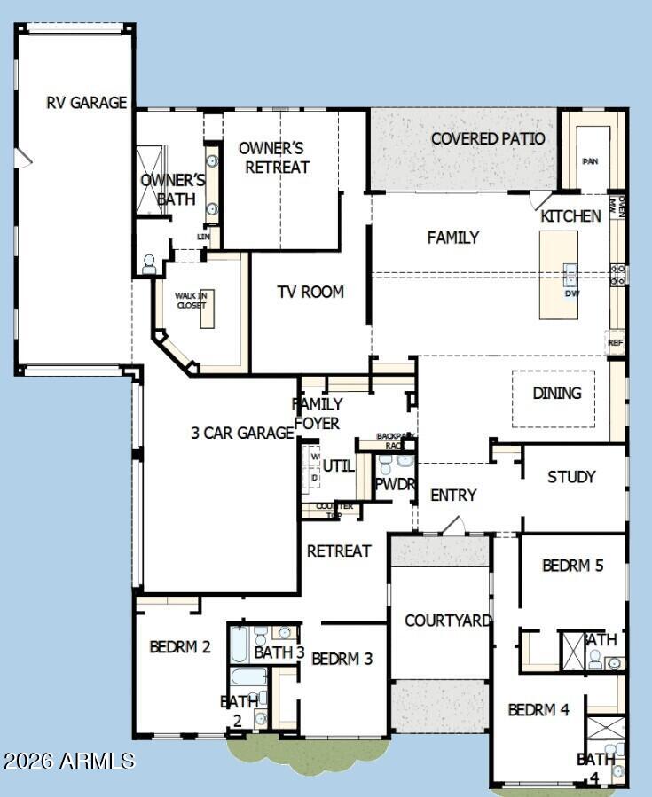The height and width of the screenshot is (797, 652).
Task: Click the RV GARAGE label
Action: click(87, 103)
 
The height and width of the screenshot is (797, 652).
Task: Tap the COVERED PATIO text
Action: click(488, 139)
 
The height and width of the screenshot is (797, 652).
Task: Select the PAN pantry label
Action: click(590, 161)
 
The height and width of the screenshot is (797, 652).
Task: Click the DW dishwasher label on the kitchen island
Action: click(572, 293)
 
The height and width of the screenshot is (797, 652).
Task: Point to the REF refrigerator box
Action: click(615, 342)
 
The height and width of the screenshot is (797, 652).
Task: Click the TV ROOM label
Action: click(310, 292)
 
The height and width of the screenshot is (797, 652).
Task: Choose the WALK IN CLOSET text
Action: click(191, 301)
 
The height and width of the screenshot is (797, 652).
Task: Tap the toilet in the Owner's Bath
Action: click(149, 263)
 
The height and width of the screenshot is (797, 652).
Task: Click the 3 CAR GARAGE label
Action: click(242, 433)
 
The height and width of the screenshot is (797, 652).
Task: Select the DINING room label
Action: click(557, 393)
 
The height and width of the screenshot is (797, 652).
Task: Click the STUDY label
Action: click(571, 477)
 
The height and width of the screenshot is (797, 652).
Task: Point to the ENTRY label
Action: click(453, 496)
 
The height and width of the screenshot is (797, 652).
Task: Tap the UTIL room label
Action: click(338, 465)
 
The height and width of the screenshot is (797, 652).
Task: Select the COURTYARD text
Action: click(448, 621)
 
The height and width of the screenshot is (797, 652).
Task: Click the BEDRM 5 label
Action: click(572, 566)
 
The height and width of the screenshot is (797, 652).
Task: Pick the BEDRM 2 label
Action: click(180, 646)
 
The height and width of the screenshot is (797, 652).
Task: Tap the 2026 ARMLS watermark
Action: click(69, 761)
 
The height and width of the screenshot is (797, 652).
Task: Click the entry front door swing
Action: click(452, 526)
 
